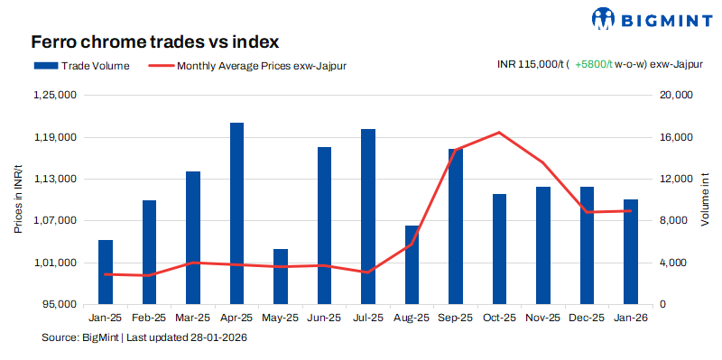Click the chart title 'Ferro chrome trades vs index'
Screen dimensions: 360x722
tap(154, 42)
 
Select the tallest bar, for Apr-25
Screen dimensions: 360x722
tap(236, 214)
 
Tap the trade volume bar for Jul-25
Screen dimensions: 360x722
tap(368, 217)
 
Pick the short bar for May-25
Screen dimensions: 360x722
tap(281, 276)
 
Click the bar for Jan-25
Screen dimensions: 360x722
tap(106, 272)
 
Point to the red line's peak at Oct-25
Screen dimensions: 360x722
tap(499, 133)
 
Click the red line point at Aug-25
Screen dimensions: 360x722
tap(412, 244)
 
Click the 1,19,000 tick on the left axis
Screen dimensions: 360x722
tap(56, 137)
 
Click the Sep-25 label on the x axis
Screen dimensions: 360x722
tap(455, 318)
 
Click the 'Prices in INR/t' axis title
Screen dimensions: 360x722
tap(18, 199)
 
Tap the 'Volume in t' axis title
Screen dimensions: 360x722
tap(705, 199)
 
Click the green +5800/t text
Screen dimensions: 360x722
tap(593, 65)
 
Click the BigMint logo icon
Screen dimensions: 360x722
tap(603, 18)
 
